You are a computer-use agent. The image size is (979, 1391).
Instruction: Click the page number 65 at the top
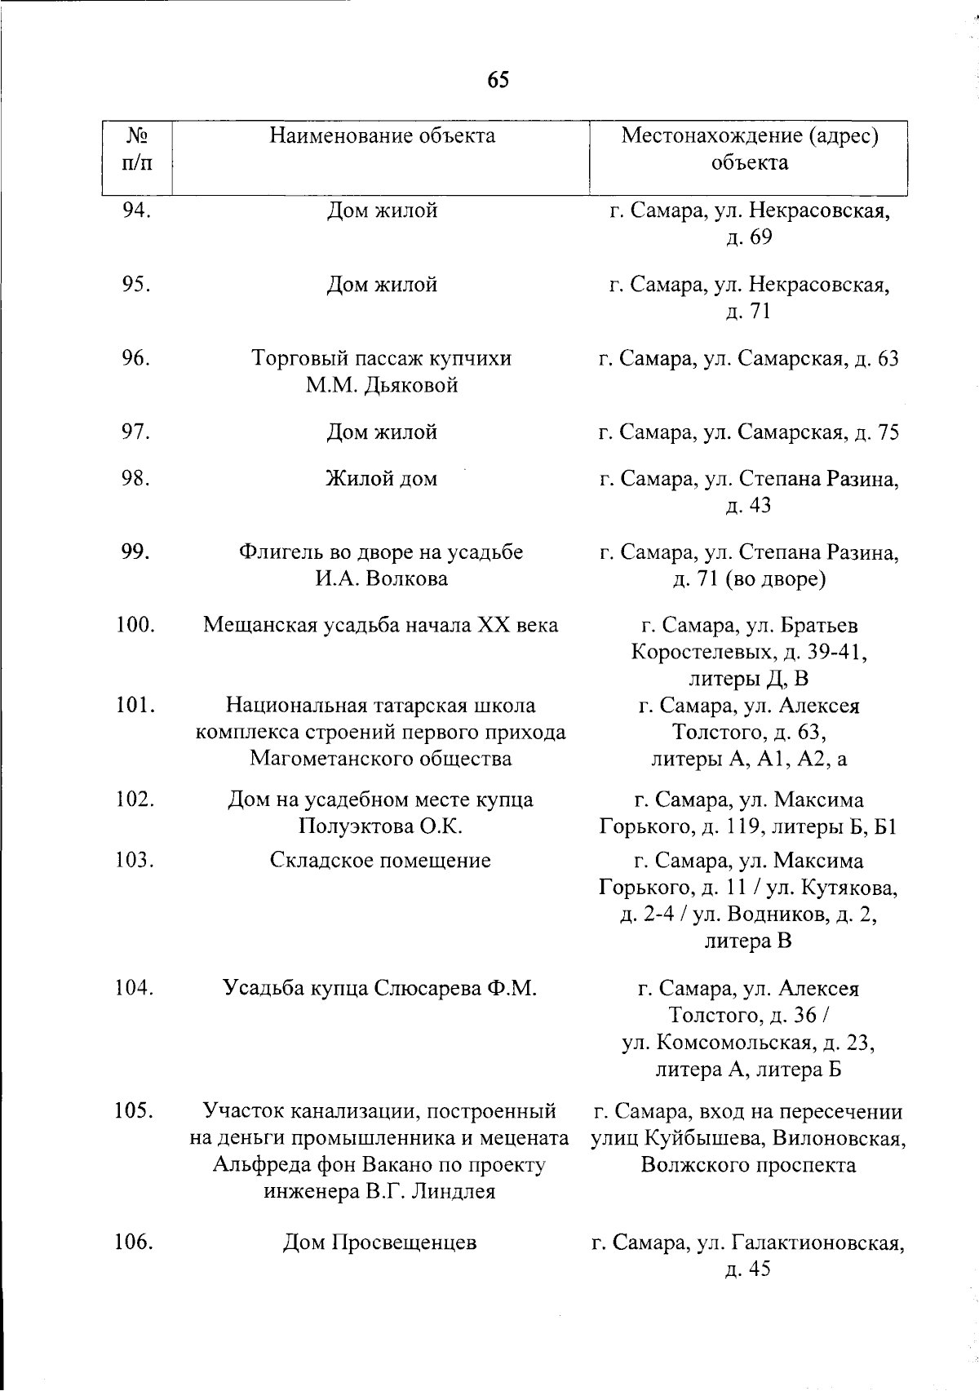(498, 79)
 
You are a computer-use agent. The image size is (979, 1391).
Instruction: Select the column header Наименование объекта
(382, 135)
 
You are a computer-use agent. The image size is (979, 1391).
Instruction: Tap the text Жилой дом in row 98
(382, 479)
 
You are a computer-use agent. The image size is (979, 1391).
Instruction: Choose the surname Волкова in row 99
(407, 579)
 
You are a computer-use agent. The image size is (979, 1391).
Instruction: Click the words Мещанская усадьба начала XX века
(381, 626)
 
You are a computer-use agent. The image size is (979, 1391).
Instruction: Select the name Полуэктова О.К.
(381, 826)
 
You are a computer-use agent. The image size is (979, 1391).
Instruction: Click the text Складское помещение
(381, 861)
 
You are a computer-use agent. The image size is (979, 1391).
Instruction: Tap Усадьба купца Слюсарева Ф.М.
(380, 989)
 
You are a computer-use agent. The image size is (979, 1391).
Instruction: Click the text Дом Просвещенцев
(380, 1243)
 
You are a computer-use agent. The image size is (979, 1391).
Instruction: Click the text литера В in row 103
(748, 941)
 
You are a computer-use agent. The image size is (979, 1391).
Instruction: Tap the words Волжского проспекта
(748, 1165)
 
